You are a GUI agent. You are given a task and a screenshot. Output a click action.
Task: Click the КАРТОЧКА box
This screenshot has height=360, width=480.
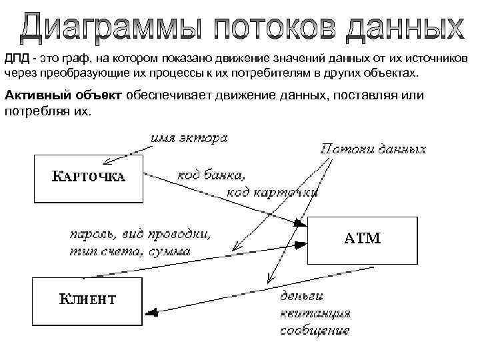point(88,178)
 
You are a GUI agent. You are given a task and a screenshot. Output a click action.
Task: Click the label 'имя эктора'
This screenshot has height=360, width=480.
point(189,139)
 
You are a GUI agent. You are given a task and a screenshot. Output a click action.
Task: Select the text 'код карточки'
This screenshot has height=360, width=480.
point(272,192)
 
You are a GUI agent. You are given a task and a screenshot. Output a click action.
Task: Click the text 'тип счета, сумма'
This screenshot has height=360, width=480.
point(129,251)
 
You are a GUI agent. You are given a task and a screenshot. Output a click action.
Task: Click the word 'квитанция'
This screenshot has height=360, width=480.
point(315,312)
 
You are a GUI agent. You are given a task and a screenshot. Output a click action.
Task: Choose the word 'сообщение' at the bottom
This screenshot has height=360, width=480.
point(315,329)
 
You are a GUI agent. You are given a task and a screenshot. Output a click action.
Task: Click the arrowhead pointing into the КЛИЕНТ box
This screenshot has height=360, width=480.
point(150,311)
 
